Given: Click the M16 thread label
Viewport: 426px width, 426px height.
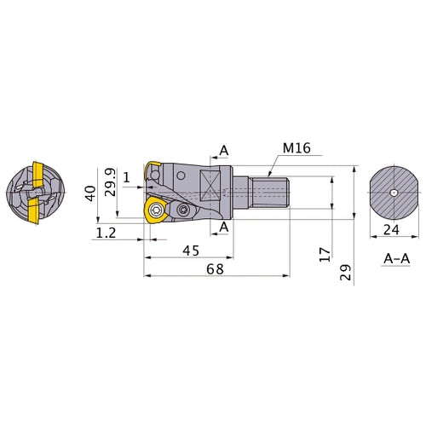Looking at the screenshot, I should pos(296,148).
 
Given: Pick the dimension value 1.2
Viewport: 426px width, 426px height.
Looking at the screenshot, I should pos(106,232).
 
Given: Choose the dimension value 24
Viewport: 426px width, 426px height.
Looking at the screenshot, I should pos(392,229).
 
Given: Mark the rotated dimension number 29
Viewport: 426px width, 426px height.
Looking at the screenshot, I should pos(345,273).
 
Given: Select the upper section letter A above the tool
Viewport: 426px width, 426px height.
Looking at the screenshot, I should pos(223,151).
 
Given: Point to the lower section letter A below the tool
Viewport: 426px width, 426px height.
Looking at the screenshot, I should pos(223,227).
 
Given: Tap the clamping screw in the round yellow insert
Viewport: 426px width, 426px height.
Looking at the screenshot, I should pos(156,210).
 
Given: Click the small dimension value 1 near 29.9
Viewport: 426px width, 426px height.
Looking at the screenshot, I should pos(126,177).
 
